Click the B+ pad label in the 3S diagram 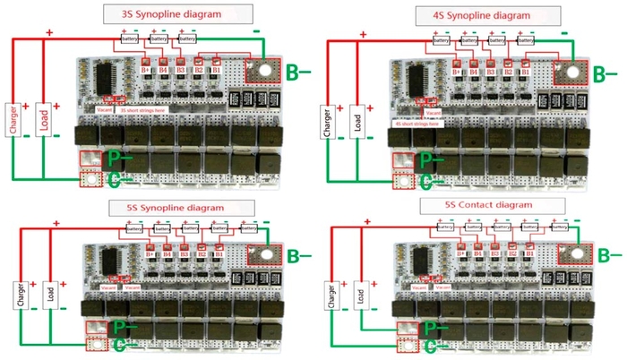146,69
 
